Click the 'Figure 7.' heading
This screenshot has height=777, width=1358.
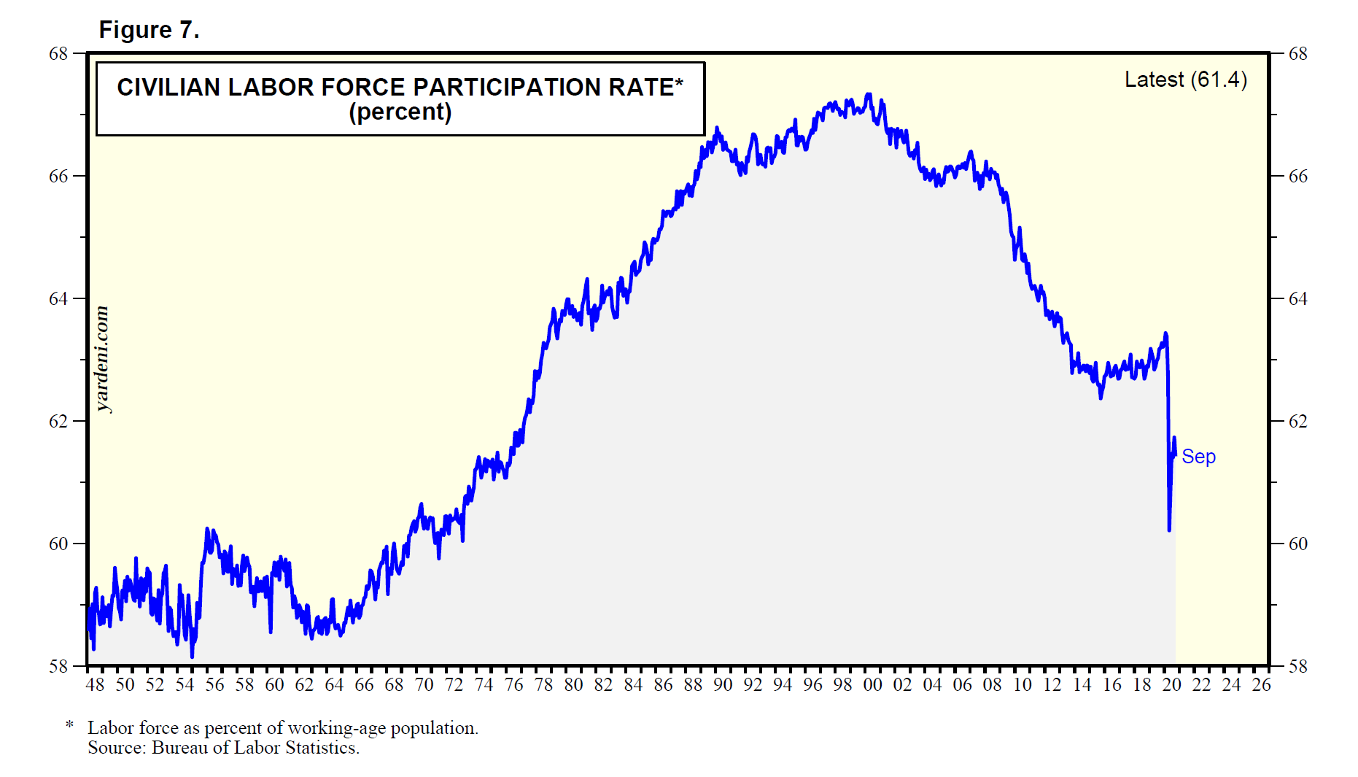click(x=149, y=30)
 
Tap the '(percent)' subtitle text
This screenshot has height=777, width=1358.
click(x=400, y=112)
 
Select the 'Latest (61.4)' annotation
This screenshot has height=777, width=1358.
click(x=1185, y=80)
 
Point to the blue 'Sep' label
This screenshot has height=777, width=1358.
click(x=1198, y=457)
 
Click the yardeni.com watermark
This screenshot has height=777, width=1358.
click(x=103, y=359)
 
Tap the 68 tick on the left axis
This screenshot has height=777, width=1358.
click(x=58, y=54)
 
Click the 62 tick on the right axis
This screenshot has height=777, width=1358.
click(x=1297, y=422)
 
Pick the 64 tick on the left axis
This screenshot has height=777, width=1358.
click(x=58, y=299)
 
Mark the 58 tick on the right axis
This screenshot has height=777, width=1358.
click(x=1297, y=667)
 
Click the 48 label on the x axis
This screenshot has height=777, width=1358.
click(x=95, y=685)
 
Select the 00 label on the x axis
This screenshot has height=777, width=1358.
click(x=872, y=685)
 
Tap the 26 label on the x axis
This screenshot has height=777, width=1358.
click(x=1261, y=685)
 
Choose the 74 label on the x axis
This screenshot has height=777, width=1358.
click(x=484, y=685)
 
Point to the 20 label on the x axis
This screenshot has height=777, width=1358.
click(x=1171, y=685)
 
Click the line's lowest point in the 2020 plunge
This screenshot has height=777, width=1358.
click(x=1169, y=530)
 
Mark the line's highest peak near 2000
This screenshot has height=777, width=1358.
click(x=868, y=94)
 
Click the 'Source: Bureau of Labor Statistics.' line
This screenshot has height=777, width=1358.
click(x=223, y=748)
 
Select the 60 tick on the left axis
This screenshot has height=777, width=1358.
click(x=58, y=544)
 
